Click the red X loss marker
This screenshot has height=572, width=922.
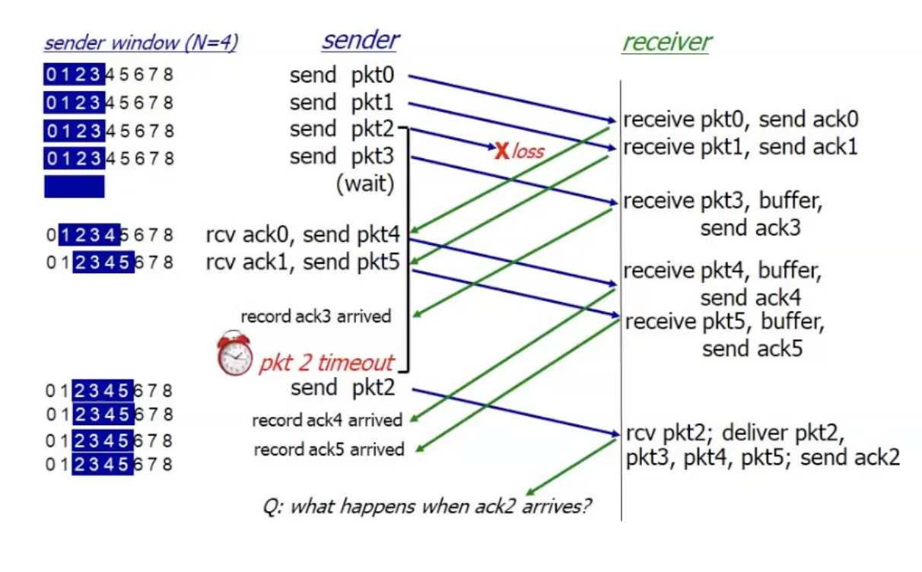click(501, 151)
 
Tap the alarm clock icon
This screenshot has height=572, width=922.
click(234, 354)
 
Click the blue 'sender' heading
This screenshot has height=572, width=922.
click(360, 40)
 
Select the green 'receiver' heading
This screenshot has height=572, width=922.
click(666, 42)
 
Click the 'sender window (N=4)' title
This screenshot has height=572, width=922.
click(141, 43)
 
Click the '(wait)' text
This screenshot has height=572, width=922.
click(365, 185)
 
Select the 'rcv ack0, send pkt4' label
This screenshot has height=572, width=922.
click(303, 234)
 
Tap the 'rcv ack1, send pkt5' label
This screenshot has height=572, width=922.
click(303, 262)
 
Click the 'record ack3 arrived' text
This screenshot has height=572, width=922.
click(316, 316)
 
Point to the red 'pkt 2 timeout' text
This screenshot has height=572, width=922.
click(327, 362)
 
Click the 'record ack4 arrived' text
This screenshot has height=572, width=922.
click(327, 420)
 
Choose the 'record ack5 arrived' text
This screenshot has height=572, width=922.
click(329, 450)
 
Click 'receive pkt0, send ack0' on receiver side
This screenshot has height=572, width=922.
click(741, 119)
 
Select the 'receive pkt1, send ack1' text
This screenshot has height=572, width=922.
click(740, 147)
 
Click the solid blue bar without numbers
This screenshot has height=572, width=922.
click(74, 186)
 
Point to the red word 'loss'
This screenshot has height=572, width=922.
click(528, 151)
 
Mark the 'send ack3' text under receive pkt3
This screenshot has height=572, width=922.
click(750, 227)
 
